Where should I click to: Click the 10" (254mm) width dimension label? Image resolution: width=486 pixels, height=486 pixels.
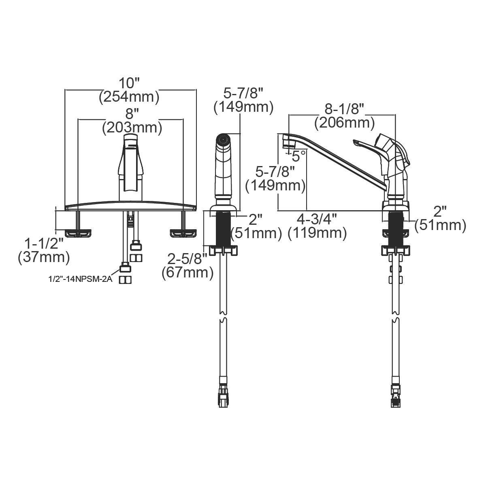(129, 90)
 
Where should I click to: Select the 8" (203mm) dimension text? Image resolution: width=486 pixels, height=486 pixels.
(132, 121)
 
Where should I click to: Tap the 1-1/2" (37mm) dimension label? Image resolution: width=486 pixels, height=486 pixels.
(44, 250)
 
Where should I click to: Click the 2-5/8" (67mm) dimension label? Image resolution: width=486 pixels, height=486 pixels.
(188, 265)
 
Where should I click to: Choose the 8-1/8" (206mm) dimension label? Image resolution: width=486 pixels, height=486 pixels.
(345, 115)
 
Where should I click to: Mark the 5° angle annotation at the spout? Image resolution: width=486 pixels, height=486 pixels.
(299, 155)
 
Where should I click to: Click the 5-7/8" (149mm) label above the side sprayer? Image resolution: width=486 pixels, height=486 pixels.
(243, 100)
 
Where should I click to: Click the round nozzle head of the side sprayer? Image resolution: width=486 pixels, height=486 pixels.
(222, 140)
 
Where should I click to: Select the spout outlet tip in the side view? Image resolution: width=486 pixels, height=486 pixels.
(287, 142)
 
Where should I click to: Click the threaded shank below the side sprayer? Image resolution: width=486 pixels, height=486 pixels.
(222, 229)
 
